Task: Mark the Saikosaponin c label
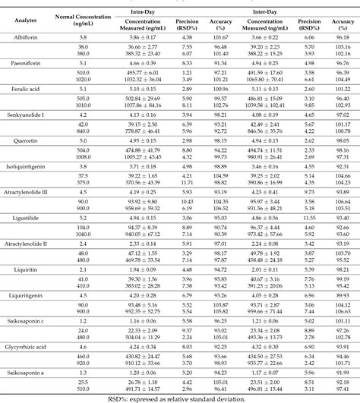25,319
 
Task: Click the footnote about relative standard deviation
179,398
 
